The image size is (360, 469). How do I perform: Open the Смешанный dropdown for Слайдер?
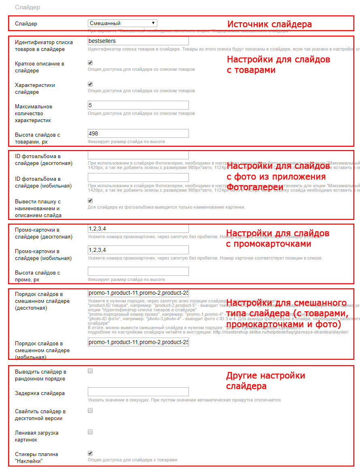pyautogui.click(x=122, y=23)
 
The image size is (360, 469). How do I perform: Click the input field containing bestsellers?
pyautogui.click(x=138, y=41)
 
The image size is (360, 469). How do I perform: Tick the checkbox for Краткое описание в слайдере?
pyautogui.click(x=90, y=63)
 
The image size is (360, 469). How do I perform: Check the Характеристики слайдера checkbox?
pyautogui.click(x=90, y=85)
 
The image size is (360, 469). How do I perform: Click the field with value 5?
pyautogui.click(x=138, y=105)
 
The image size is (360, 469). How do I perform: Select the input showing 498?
pyautogui.click(x=138, y=133)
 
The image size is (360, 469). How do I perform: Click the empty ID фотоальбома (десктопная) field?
pyautogui.click(x=138, y=155)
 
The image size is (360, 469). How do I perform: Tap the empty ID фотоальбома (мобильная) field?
pyautogui.click(x=138, y=177)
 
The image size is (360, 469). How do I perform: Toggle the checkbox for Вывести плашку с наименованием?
pyautogui.click(x=90, y=201)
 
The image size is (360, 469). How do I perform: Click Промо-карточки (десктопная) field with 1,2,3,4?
pyautogui.click(x=138, y=228)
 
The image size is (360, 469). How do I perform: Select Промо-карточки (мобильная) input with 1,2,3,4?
pyautogui.click(x=138, y=250)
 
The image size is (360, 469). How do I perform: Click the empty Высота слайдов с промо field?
pyautogui.click(x=138, y=271)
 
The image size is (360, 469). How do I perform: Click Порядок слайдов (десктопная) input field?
pyautogui.click(x=138, y=293)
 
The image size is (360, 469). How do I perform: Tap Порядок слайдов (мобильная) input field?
pyautogui.click(x=138, y=342)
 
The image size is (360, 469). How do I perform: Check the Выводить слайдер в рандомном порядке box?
pyautogui.click(x=90, y=371)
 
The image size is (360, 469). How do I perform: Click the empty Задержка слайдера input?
pyautogui.click(x=138, y=392)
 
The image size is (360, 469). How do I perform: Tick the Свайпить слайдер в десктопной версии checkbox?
pyautogui.click(x=90, y=410)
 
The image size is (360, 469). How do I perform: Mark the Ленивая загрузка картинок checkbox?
pyautogui.click(x=90, y=432)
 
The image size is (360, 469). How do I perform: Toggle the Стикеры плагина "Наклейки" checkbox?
pyautogui.click(x=90, y=453)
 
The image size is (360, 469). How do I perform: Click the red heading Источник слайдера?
pyautogui.click(x=269, y=24)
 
